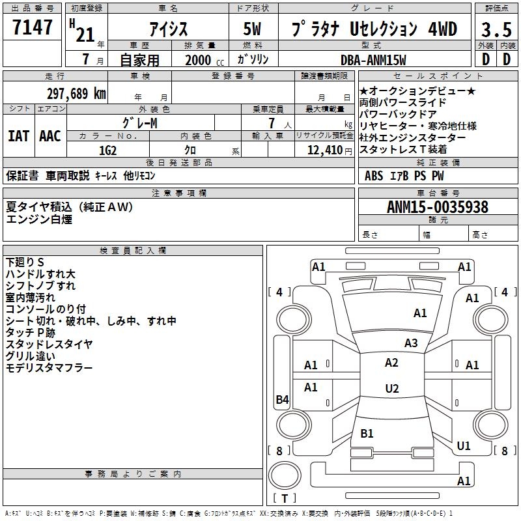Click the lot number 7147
(x=33, y=27)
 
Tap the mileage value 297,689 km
(x=76, y=94)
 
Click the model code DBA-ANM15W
(x=373, y=60)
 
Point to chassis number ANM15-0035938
(x=438, y=207)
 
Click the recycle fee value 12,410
(x=323, y=150)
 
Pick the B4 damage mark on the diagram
(x=282, y=400)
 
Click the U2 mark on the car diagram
(x=391, y=389)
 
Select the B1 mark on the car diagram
(x=367, y=433)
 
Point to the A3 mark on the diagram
(x=410, y=343)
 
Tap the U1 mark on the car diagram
(x=464, y=446)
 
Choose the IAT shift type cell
(x=18, y=136)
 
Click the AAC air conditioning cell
(x=49, y=136)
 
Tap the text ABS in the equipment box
(x=374, y=176)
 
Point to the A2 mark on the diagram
(x=391, y=363)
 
